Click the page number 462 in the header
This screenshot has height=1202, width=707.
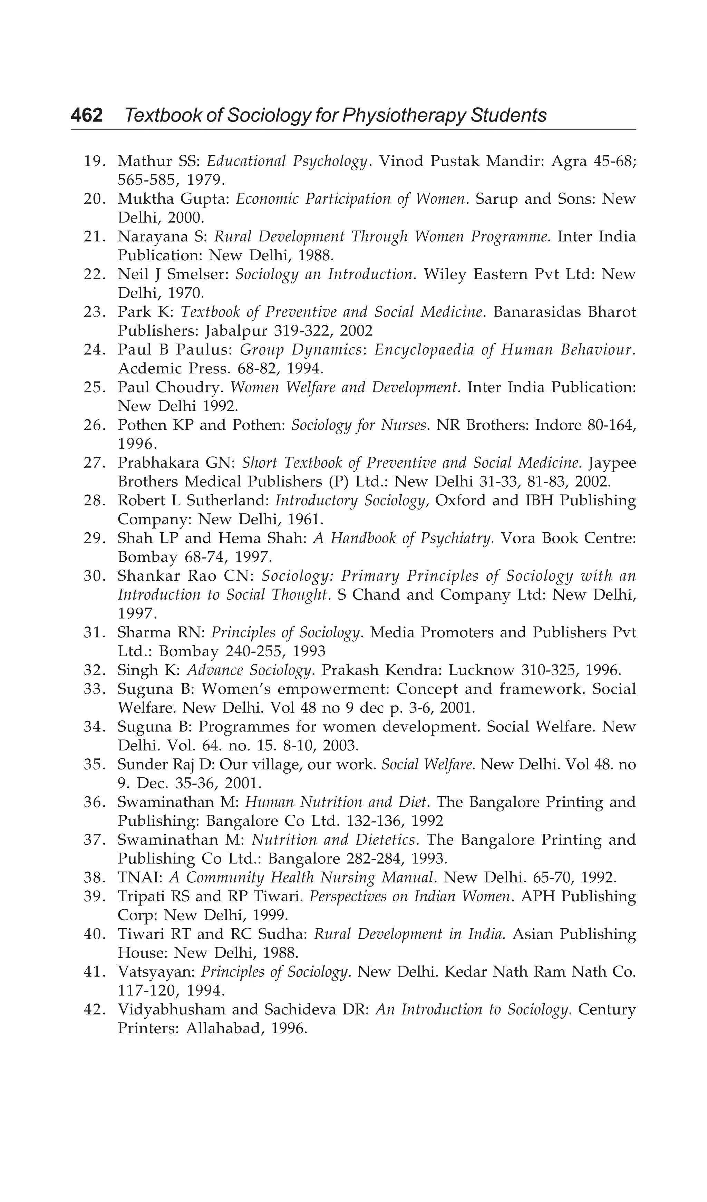(x=87, y=115)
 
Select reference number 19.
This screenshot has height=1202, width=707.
(x=94, y=161)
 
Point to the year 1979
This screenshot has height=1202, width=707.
(x=205, y=180)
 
